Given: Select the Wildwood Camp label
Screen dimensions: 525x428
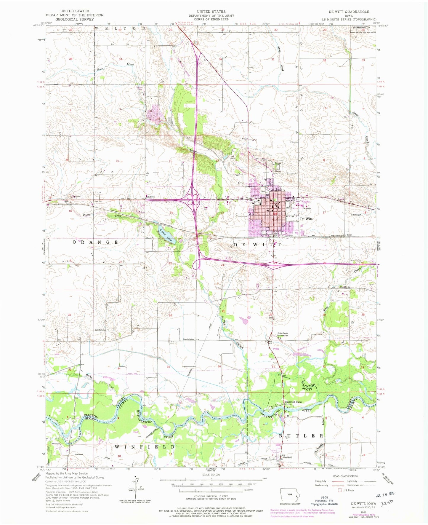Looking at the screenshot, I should click(x=293, y=402).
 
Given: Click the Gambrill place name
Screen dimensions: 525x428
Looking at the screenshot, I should click(x=287, y=457).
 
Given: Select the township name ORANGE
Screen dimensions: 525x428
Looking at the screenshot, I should click(x=96, y=242).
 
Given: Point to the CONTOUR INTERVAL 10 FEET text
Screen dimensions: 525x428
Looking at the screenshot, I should click(x=211, y=496).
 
